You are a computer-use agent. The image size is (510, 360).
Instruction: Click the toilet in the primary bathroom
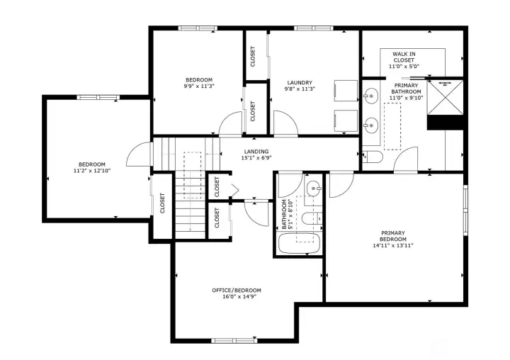click(x=373, y=157)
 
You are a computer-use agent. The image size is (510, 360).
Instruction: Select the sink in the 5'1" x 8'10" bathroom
click(x=312, y=189)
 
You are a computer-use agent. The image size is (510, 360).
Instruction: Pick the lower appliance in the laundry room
click(x=345, y=120)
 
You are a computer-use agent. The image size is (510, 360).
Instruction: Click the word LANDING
click(x=256, y=152)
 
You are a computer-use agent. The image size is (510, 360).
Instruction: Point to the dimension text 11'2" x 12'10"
click(x=91, y=171)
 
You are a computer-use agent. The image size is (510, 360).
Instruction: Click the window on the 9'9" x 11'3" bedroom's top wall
click(x=198, y=28)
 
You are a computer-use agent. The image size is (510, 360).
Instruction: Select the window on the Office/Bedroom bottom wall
click(x=233, y=339)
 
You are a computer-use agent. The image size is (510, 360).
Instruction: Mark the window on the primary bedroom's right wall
click(x=465, y=209)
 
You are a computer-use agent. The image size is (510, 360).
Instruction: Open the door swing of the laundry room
click(x=284, y=125)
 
